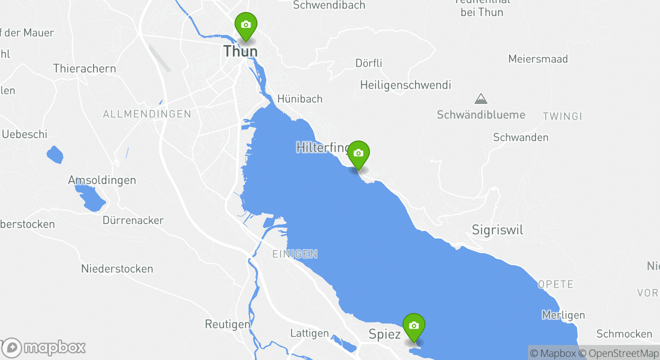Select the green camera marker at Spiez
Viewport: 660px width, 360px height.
point(413,326)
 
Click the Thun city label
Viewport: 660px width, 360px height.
point(240,51)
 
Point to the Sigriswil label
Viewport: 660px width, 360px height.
point(497,230)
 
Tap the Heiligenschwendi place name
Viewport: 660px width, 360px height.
point(405,85)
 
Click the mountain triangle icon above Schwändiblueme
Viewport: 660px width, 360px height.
point(481,98)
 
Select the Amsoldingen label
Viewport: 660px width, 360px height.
point(102,180)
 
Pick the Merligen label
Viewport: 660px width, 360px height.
point(563,315)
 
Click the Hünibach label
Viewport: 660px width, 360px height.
point(300,98)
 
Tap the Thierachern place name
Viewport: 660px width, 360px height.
point(84,68)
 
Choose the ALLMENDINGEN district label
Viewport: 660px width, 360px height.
point(147,114)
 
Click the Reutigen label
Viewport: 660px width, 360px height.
point(227,324)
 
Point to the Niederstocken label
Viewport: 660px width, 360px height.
point(117,268)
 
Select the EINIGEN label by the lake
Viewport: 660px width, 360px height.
point(294,254)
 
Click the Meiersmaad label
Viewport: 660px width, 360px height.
point(538,59)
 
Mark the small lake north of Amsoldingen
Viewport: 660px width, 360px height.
point(55,154)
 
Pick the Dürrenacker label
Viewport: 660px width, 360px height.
point(133,220)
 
